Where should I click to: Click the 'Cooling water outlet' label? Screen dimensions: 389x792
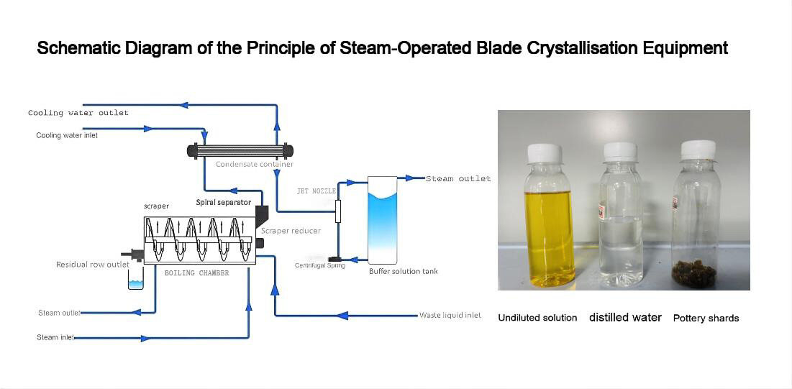(78, 113)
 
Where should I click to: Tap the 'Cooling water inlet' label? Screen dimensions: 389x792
(67, 135)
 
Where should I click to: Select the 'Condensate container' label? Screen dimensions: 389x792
(255, 165)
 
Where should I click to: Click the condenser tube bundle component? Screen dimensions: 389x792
(240, 151)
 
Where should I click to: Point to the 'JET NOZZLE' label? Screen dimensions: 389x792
(317, 191)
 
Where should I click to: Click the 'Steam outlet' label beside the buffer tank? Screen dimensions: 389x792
(458, 178)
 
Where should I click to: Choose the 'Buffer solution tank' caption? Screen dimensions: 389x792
(403, 271)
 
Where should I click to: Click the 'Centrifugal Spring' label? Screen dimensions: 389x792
(320, 265)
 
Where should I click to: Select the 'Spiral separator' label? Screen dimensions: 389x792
(224, 203)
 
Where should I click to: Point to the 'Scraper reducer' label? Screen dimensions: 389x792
(291, 231)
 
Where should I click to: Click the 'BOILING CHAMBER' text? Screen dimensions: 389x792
(196, 273)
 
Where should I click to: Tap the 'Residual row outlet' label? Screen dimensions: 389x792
(93, 265)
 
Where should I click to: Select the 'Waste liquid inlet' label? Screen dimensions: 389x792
(450, 315)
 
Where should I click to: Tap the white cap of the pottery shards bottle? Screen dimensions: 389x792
(697, 149)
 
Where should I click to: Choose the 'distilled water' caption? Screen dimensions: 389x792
(625, 317)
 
